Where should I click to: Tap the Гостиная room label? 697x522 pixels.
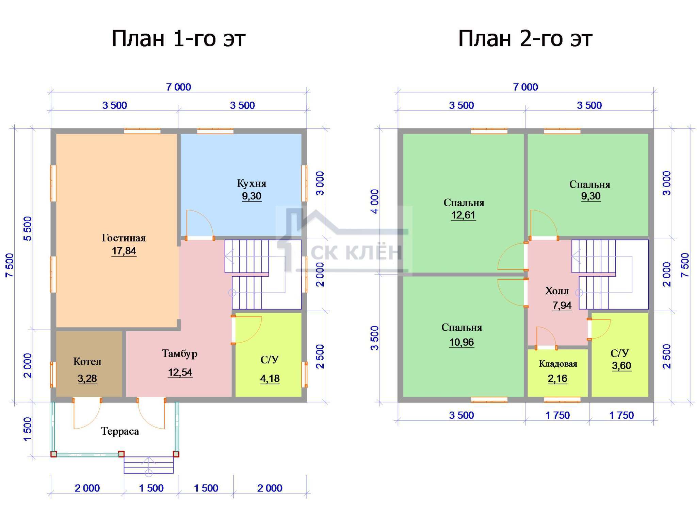click(x=124, y=238)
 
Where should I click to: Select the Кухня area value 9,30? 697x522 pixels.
click(x=252, y=196)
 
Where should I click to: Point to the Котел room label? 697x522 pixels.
click(x=87, y=362)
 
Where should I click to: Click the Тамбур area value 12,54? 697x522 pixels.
click(x=180, y=372)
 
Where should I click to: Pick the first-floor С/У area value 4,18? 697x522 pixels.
click(x=270, y=379)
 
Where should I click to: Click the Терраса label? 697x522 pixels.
click(x=120, y=432)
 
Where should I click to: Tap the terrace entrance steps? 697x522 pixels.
click(x=149, y=465)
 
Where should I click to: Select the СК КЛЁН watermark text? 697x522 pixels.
click(x=356, y=252)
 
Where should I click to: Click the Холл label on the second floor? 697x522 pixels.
click(x=557, y=291)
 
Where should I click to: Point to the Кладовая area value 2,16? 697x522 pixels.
click(x=557, y=379)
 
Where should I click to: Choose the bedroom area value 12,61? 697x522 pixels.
click(x=463, y=215)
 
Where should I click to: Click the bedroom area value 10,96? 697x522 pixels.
click(x=461, y=342)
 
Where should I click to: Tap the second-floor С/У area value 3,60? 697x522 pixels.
click(x=621, y=366)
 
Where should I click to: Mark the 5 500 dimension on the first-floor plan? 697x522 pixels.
click(x=28, y=229)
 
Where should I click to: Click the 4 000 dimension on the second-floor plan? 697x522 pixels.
click(x=375, y=202)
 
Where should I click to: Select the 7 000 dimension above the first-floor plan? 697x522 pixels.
click(x=179, y=87)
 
